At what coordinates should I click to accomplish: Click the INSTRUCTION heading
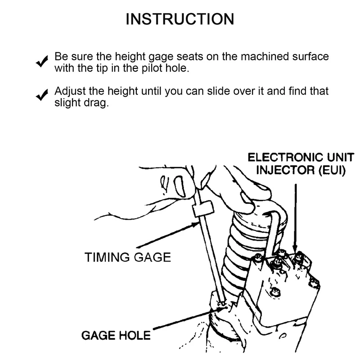click(x=180, y=19)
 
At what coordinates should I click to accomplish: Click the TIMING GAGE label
click(x=128, y=257)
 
